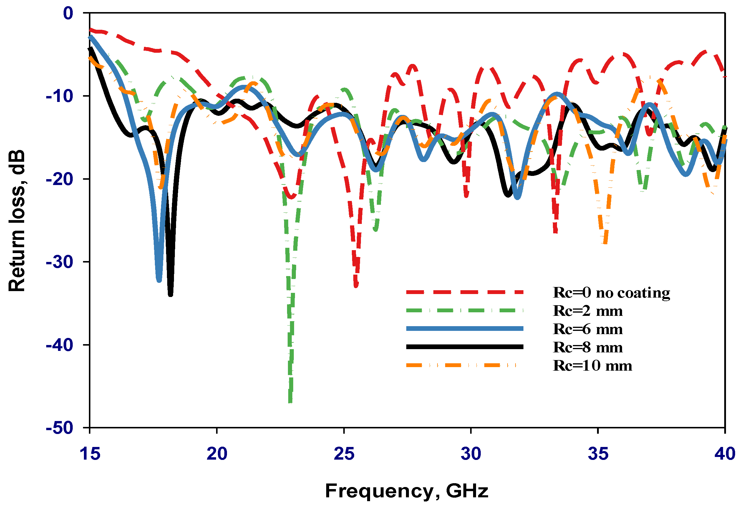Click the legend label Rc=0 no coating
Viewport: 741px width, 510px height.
(x=611, y=292)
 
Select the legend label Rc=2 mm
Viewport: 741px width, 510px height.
(x=587, y=311)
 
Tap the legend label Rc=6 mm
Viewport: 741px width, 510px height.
(x=587, y=329)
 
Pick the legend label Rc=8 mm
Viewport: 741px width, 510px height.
(x=587, y=347)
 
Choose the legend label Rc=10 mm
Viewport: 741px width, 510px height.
(x=592, y=365)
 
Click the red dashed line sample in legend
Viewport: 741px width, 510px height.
(x=465, y=292)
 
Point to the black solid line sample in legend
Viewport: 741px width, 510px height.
(x=465, y=347)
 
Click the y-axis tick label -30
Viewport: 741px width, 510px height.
(x=59, y=262)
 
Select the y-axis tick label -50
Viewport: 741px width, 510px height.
(x=59, y=428)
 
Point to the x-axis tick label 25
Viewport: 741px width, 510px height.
(x=344, y=454)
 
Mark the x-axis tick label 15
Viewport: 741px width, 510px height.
(x=90, y=454)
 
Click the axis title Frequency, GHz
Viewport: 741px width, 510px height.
(x=407, y=491)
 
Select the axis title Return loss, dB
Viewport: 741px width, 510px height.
(x=16, y=220)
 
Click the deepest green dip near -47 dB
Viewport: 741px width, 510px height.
(x=290, y=401)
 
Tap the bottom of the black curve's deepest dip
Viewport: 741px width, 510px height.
(x=170, y=294)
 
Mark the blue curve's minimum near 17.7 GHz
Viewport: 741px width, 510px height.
(x=159, y=280)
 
